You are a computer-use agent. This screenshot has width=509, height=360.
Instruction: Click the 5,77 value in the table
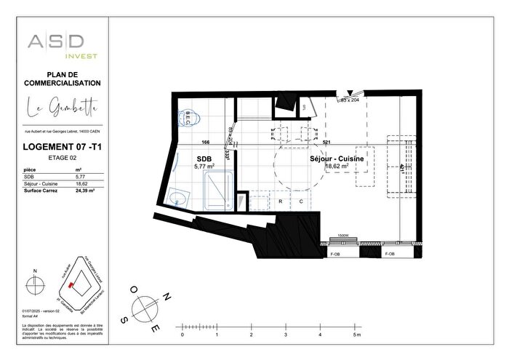pos(81,176)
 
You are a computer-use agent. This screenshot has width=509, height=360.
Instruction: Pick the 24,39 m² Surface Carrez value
pos(86,190)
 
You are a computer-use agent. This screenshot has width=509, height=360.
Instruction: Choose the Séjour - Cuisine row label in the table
pos(41,183)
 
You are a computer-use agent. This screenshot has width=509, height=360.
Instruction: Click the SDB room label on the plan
pos(204,158)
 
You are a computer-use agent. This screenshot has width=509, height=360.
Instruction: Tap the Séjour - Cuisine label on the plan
pos(337,158)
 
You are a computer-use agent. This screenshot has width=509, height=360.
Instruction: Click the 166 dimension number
pos(206,143)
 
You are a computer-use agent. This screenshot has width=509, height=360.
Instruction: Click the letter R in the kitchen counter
pos(281,201)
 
